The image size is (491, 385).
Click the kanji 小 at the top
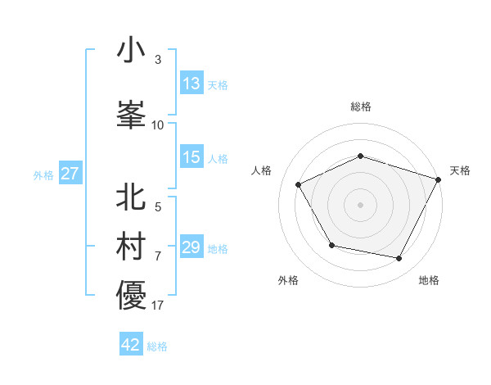point(131,51)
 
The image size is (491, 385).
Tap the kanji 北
point(131,197)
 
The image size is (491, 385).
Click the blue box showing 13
point(191,84)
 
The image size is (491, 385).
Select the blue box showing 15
point(191,158)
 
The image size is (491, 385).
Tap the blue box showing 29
point(191,247)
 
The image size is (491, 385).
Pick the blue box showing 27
point(70,174)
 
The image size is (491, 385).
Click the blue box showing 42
point(131,345)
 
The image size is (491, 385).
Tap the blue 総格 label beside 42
point(157,346)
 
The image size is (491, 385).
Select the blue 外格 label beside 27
point(43,174)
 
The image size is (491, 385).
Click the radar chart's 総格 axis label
point(361,106)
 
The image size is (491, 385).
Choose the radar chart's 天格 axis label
point(460,170)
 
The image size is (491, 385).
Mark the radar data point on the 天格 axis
point(439,179)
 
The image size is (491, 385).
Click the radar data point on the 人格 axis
point(298,185)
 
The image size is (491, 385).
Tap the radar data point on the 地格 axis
point(399,258)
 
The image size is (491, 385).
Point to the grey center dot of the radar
point(361,204)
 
